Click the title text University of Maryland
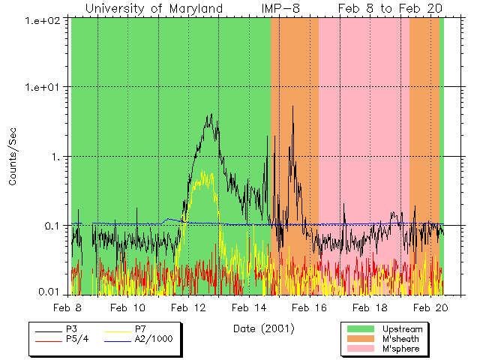(154, 8)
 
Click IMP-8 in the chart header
(281, 8)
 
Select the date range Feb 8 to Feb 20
(390, 8)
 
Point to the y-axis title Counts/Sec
(13, 156)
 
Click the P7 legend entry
(140, 328)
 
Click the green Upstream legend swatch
(360, 329)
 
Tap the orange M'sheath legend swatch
(360, 339)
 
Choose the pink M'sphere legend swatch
(360, 349)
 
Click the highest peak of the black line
(292, 107)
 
